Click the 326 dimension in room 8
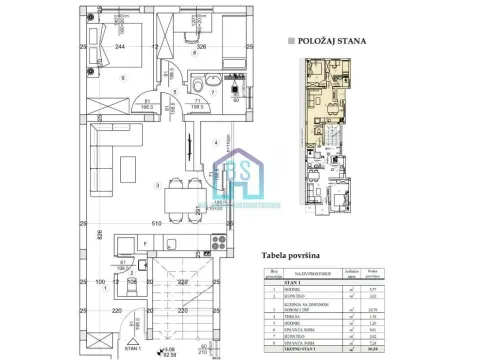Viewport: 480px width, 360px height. tap(201, 46)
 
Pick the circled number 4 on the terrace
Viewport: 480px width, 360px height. tap(215, 143)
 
